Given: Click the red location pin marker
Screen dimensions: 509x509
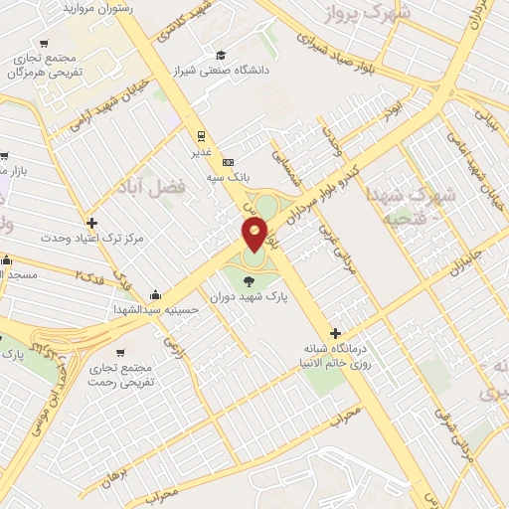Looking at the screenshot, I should click(254, 235).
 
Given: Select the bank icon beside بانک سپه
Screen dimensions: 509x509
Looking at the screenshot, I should click(229, 161).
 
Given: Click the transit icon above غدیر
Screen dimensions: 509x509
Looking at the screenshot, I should click(200, 136).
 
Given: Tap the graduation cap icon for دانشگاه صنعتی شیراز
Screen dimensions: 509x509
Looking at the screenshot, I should click(220, 56).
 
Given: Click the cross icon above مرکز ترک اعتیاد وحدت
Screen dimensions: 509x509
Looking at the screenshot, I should click(92, 223).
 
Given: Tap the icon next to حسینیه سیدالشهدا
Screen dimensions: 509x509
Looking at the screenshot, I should click(155, 295).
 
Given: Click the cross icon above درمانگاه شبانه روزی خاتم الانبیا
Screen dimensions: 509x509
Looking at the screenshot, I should click(335, 334).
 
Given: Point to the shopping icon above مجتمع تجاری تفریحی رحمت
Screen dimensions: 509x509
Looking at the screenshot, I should click(120, 352).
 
